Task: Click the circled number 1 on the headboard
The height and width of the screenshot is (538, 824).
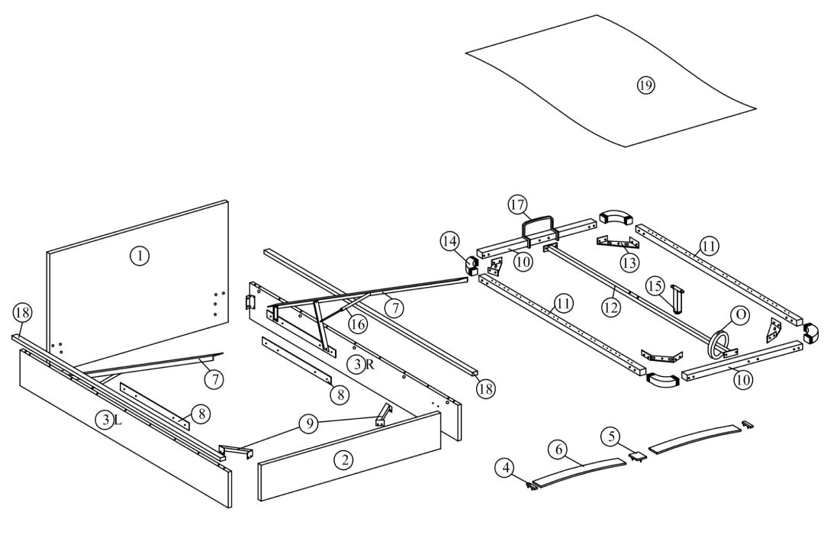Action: [x=138, y=256]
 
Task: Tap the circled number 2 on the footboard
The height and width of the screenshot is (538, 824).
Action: [x=344, y=459]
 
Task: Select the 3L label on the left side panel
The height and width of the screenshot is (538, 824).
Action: [x=108, y=419]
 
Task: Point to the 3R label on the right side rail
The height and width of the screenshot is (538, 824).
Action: [x=361, y=364]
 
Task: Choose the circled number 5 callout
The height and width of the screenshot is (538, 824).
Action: [x=609, y=436]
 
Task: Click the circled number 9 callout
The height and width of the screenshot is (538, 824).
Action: [x=308, y=425]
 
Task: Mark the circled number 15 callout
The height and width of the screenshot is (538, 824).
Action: [x=655, y=286]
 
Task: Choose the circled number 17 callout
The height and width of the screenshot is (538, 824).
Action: [x=518, y=205]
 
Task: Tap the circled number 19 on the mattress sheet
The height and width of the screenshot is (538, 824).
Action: [x=645, y=85]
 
